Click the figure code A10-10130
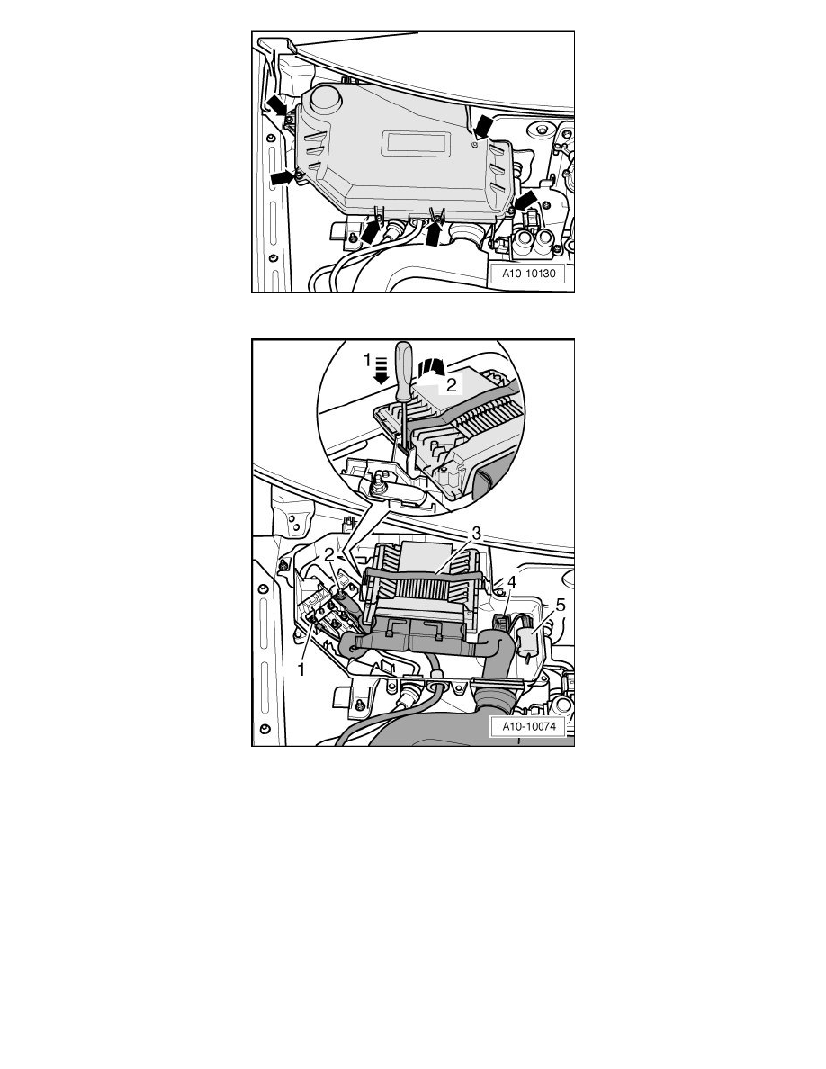[x=529, y=274]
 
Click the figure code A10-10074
[x=529, y=726]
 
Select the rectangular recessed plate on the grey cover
[x=417, y=144]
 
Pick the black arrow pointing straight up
[x=435, y=233]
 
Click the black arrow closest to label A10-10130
[x=526, y=202]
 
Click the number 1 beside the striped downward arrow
[x=367, y=359]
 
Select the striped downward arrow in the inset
[x=382, y=370]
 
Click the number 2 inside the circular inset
[x=451, y=385]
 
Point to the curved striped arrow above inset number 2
[x=431, y=367]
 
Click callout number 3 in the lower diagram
[x=476, y=533]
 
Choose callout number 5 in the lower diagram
[x=561, y=606]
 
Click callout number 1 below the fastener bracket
[x=301, y=670]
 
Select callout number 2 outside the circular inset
[x=329, y=555]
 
